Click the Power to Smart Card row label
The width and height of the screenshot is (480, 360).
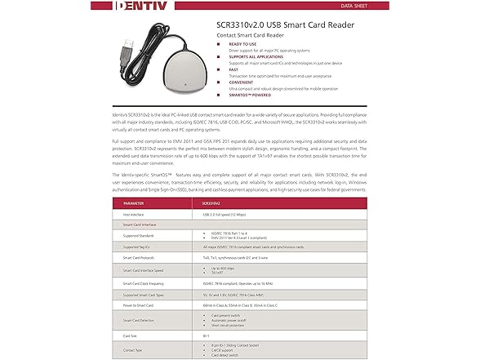tap(140, 305)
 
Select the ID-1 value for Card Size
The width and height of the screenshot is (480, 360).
tap(205, 335)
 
